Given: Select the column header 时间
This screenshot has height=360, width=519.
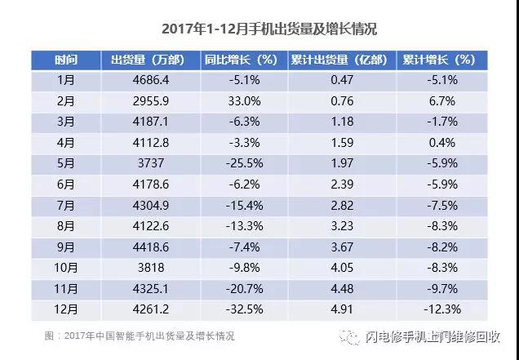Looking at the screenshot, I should (x=66, y=60).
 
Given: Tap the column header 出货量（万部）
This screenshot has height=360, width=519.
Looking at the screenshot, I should (x=148, y=60).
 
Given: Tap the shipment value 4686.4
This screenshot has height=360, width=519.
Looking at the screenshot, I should (x=148, y=79).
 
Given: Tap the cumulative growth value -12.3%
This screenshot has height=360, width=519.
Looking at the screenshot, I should (x=441, y=311).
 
